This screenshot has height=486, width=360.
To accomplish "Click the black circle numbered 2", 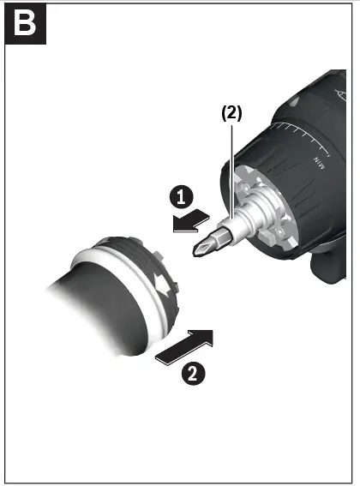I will click(x=194, y=373).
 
